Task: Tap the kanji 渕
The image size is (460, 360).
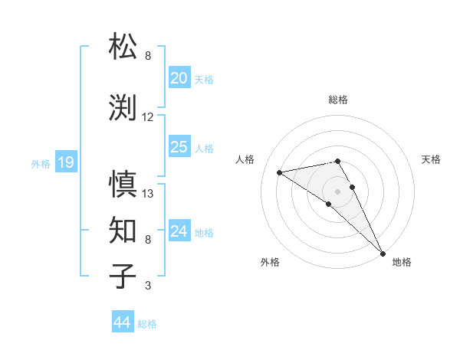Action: pos(123,106)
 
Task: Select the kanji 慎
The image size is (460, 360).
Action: pos(123,184)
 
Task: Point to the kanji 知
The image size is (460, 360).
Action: pos(123,229)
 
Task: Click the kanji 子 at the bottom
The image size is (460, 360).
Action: pos(123,276)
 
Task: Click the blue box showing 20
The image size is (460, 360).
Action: pos(179,78)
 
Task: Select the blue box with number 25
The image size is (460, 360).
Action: pos(179,147)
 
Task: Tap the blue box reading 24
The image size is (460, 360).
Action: pos(179,231)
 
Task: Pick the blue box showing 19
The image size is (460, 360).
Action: pos(65,162)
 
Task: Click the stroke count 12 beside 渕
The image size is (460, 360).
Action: pos(148,117)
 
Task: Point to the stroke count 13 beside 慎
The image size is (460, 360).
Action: pos(148,194)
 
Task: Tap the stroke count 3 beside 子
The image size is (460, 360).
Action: pos(148,286)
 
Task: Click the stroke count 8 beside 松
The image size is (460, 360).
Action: pos(148,56)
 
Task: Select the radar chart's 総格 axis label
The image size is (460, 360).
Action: pos(338,100)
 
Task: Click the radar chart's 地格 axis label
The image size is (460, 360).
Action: pos(402,263)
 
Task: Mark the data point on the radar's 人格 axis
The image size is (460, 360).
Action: pos(280,172)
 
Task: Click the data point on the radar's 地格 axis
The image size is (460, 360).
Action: pos(382,253)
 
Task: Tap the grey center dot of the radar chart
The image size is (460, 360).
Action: pos(338,191)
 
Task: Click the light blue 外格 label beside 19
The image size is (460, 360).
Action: pos(41,163)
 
